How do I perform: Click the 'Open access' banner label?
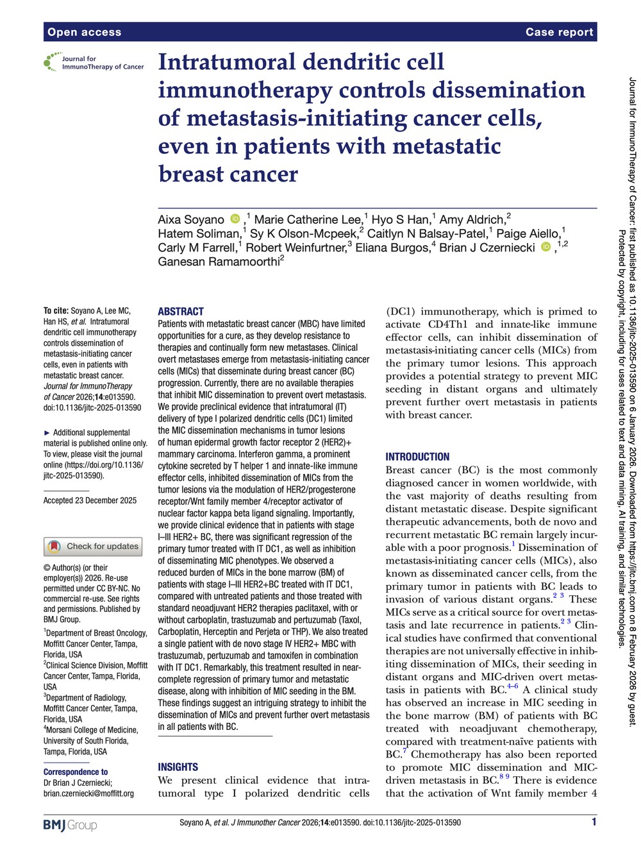click(84, 32)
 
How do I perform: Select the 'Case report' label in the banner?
click(559, 32)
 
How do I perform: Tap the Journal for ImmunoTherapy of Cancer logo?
click(94, 62)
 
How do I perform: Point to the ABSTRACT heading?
click(181, 312)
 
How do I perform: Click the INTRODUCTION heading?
click(417, 457)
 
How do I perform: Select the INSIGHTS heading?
click(178, 767)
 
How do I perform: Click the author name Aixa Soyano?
click(191, 220)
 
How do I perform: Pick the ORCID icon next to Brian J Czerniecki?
click(545, 248)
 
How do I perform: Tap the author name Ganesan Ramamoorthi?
click(218, 262)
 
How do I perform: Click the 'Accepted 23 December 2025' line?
click(90, 500)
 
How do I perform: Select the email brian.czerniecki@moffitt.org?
click(88, 793)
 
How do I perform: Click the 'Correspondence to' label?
click(76, 772)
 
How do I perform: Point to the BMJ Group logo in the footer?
click(70, 825)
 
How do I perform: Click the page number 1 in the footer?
click(594, 822)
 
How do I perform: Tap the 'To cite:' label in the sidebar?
click(56, 311)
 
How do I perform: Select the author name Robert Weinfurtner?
click(296, 248)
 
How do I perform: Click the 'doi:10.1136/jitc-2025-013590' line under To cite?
click(92, 408)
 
